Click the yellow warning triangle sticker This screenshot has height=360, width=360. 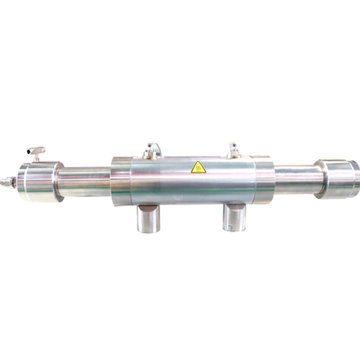pyautogui.click(x=198, y=166)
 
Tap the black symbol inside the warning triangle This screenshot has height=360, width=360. pyautogui.click(x=198, y=168)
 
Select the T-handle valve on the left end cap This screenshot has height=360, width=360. pyautogui.click(x=35, y=154)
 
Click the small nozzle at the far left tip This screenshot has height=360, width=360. pyautogui.click(x=5, y=183)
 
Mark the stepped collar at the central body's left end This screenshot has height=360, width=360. pyautogui.click(x=121, y=181)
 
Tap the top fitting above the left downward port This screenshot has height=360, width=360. pyautogui.click(x=151, y=150)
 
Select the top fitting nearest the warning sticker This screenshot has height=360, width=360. pyautogui.click(x=234, y=149)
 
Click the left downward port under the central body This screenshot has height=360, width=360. pyautogui.click(x=148, y=217)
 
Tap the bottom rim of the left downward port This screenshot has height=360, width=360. pyautogui.click(x=148, y=229)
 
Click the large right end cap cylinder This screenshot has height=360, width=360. pyautogui.click(x=337, y=177)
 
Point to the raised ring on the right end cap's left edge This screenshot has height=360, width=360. pyautogui.click(x=319, y=178)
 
